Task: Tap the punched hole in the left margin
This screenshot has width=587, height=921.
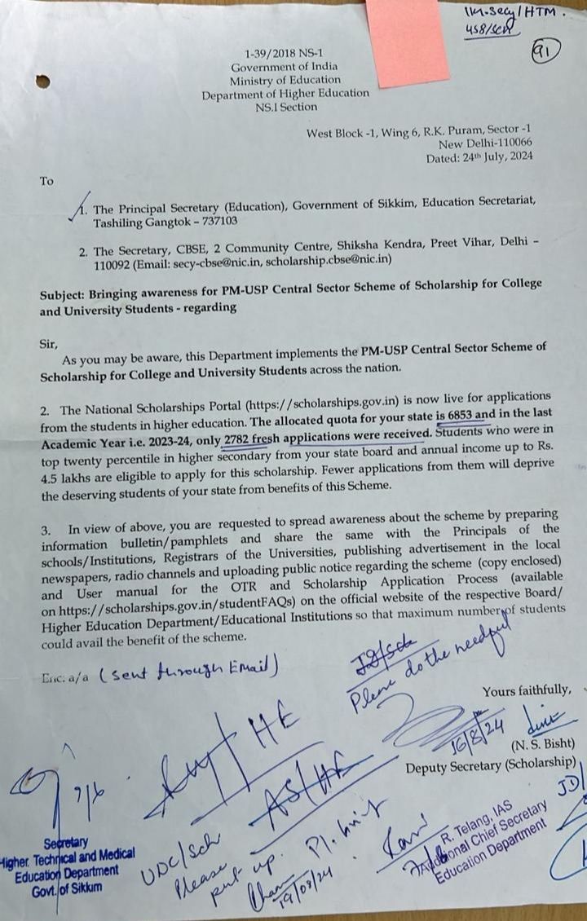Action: [x=42, y=82]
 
